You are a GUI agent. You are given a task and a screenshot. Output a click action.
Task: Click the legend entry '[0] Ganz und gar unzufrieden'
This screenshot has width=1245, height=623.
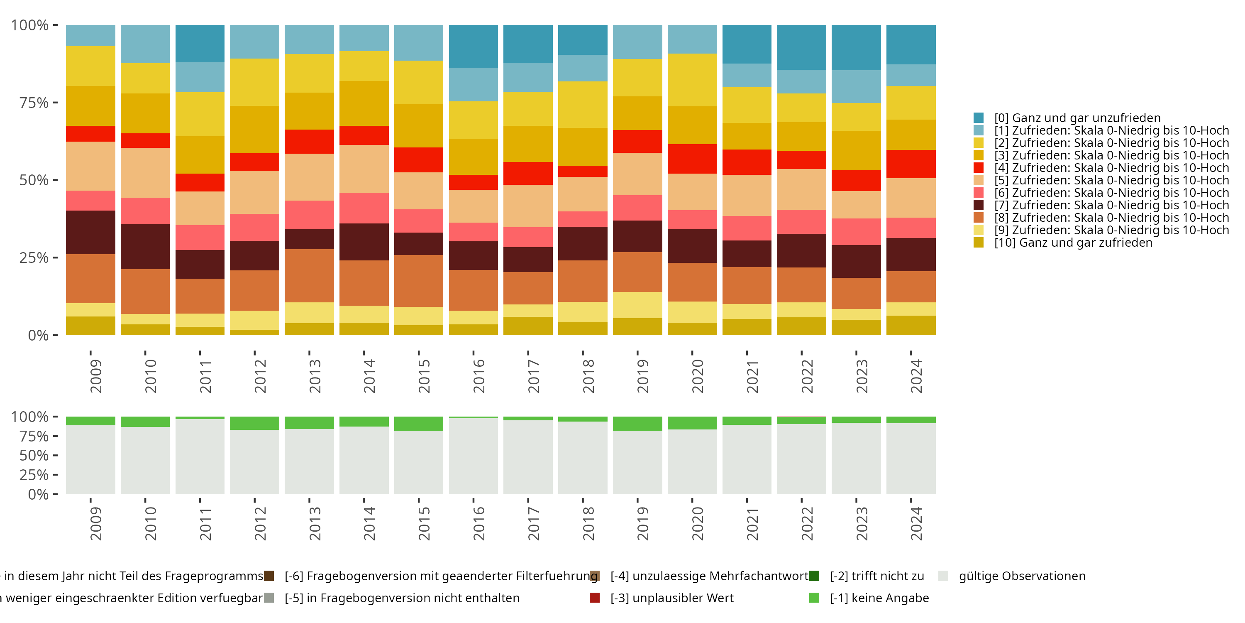coord(1077,118)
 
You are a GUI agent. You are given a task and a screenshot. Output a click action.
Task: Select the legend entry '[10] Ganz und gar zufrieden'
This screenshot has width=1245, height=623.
coord(1073,243)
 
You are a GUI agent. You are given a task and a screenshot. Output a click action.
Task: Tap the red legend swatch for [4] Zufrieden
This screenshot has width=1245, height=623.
coord(979,168)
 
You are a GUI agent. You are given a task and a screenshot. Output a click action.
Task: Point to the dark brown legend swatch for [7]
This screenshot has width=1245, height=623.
coord(979,205)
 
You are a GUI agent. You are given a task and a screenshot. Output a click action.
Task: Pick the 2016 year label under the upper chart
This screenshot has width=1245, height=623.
coord(478,376)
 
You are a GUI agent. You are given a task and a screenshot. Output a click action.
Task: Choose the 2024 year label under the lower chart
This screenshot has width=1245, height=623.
coord(916,523)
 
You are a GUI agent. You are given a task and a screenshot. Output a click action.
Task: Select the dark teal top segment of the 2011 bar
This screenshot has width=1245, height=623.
coord(200,44)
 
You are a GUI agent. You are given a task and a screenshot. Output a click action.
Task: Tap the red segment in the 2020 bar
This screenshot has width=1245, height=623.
coord(692,159)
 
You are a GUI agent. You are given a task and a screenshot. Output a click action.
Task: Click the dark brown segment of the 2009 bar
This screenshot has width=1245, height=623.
coord(90,232)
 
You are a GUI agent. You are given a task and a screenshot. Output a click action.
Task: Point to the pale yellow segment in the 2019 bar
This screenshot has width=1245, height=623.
coord(637,305)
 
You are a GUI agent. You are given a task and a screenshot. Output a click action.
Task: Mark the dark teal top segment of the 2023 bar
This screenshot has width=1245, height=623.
coord(856,47)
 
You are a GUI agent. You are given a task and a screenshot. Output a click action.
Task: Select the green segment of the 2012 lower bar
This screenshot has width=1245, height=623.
coord(254,423)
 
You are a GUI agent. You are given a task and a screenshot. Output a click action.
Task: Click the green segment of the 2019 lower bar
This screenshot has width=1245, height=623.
coord(637,424)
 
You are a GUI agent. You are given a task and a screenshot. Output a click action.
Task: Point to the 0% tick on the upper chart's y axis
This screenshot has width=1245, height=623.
coord(38,335)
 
